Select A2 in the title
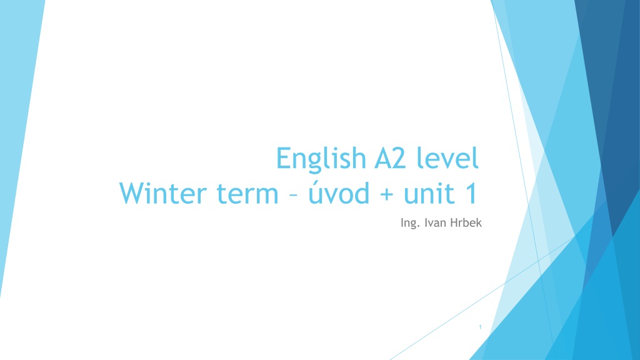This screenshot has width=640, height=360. pyautogui.click(x=390, y=158)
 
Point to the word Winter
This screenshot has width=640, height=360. pyautogui.click(x=163, y=193)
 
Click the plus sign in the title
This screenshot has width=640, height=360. pyautogui.click(x=386, y=194)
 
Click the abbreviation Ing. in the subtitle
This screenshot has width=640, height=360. pyautogui.click(x=410, y=223)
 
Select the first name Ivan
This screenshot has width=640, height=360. pyautogui.click(x=435, y=222)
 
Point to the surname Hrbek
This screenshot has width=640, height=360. pyautogui.click(x=466, y=222)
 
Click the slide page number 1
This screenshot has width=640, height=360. pyautogui.click(x=481, y=327)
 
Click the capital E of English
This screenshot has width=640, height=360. pyautogui.click(x=283, y=158)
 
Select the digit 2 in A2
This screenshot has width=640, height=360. pyautogui.click(x=399, y=158)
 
